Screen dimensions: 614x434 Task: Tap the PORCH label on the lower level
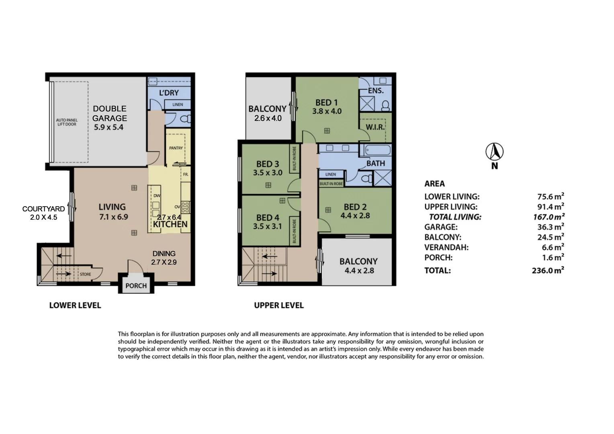tap(136, 286)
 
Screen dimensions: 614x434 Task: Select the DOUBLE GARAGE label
tap(110, 113)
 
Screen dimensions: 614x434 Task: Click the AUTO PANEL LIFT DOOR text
tap(67, 122)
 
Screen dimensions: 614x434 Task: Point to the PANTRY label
tap(176, 148)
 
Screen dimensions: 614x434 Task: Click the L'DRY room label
tap(169, 93)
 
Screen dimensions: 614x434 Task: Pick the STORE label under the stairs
tap(85, 274)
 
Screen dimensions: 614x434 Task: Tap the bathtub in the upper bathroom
tap(377, 150)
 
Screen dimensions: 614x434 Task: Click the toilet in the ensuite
tap(385, 106)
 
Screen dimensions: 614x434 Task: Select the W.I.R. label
tap(375, 127)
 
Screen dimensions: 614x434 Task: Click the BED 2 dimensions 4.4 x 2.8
tap(355, 215)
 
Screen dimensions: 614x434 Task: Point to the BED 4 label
tap(268, 218)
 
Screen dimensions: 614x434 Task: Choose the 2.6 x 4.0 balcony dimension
tap(268, 118)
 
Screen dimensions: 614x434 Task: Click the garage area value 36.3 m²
tap(551, 227)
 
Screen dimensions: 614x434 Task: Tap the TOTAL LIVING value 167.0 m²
tap(549, 217)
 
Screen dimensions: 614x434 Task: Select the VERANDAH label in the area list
tap(446, 247)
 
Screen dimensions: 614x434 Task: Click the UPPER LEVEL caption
tap(279, 305)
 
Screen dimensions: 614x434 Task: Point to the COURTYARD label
tap(43, 209)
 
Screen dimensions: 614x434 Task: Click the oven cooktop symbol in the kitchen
tap(185, 207)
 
